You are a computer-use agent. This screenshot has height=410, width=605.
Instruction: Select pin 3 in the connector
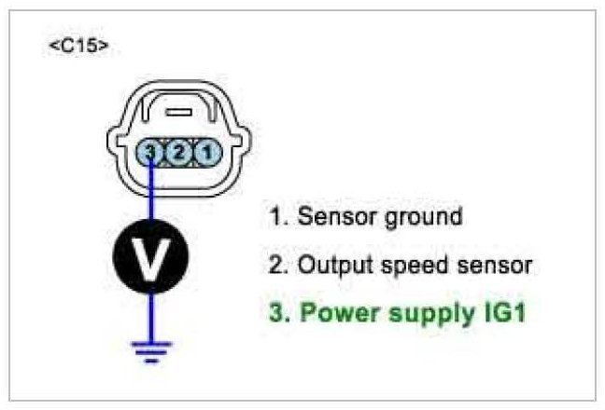(x=152, y=150)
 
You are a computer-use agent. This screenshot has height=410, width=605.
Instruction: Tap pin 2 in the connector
(x=179, y=150)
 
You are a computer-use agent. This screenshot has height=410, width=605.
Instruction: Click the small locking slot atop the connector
(x=178, y=111)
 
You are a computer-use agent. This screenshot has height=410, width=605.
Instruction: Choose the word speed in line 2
(x=406, y=266)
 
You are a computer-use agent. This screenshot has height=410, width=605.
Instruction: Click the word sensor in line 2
(x=490, y=266)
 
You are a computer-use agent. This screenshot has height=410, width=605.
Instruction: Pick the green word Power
(x=328, y=312)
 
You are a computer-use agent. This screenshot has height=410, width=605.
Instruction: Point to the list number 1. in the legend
(x=278, y=218)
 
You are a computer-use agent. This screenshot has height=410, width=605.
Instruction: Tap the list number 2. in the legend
(x=278, y=266)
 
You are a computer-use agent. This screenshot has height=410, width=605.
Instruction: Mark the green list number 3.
(x=278, y=312)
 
